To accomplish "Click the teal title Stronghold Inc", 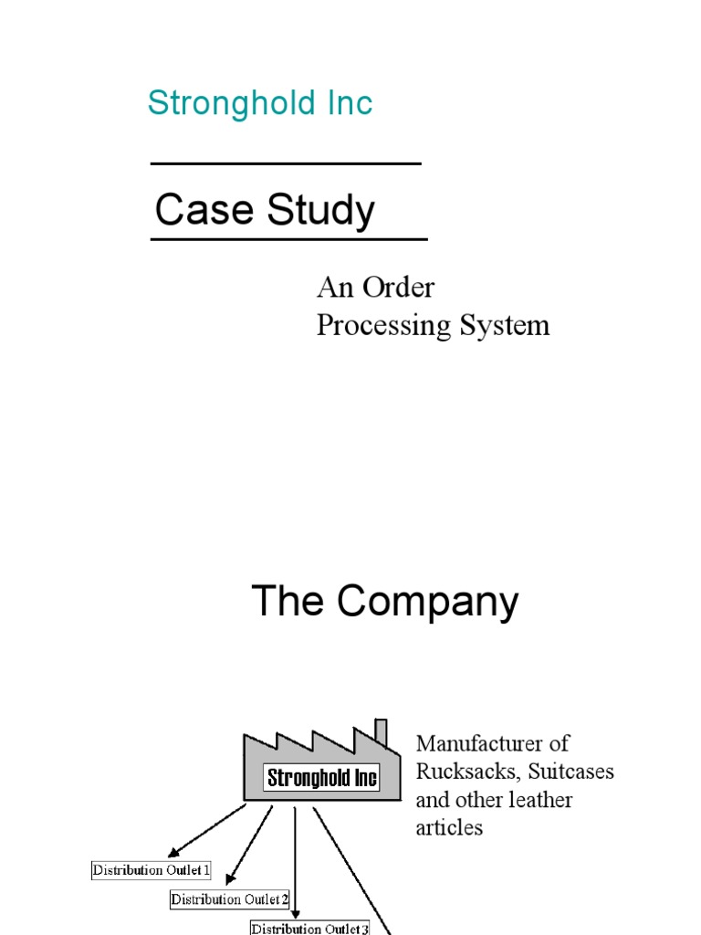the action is [260, 103].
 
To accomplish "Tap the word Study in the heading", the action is [320, 212].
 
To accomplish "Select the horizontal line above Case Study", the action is [285, 163].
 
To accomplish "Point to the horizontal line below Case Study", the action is [288, 239].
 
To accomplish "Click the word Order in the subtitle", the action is [398, 288].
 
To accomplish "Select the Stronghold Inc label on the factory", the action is [321, 779].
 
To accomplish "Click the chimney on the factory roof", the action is [381, 733].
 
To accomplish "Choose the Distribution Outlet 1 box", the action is [152, 870].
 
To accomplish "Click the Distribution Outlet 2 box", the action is [230, 900].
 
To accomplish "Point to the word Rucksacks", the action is [460, 772].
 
